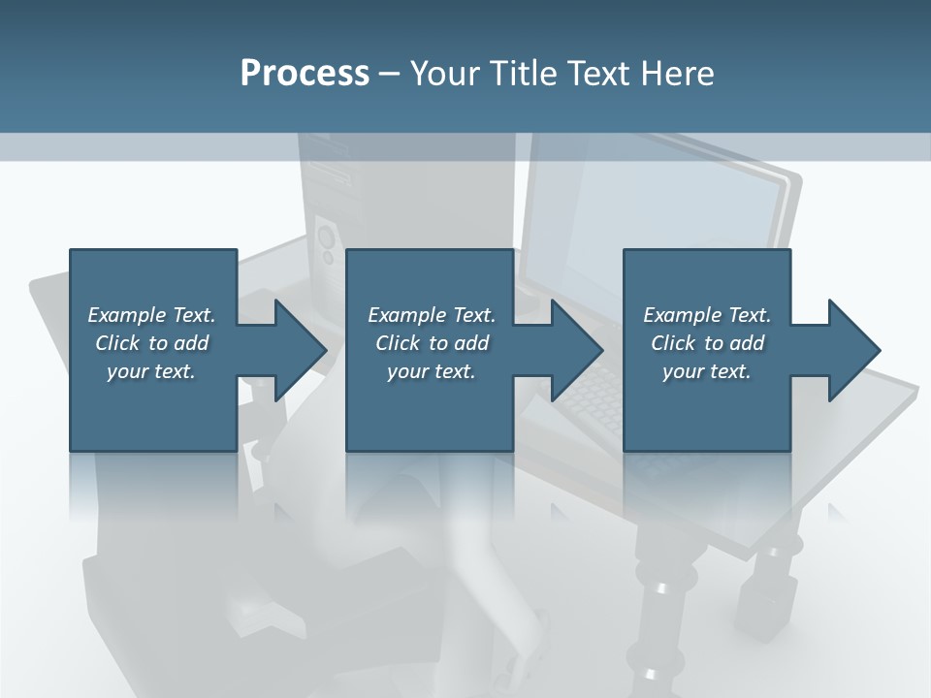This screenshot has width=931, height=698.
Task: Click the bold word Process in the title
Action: (305, 74)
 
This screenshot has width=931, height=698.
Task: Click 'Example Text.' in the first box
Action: (152, 315)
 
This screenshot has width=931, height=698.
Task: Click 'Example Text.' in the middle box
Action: (432, 315)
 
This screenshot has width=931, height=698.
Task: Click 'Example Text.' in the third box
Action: (707, 315)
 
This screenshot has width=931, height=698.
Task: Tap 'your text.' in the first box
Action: (152, 372)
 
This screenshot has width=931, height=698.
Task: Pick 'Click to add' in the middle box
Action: (432, 343)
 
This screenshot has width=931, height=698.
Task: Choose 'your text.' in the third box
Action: (707, 372)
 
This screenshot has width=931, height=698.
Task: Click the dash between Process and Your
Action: (389, 74)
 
